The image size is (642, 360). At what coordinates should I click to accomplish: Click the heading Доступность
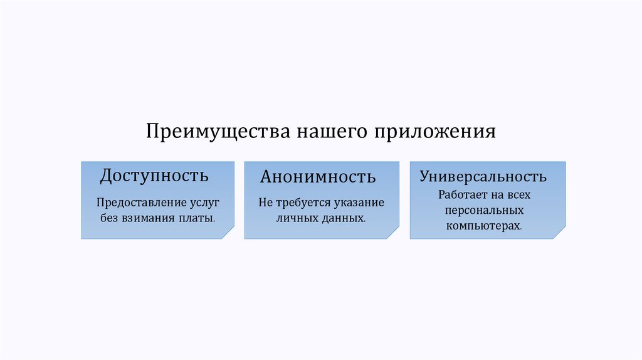154,175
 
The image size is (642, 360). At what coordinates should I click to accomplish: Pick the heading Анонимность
318,176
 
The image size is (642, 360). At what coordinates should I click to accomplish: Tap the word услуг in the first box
204,204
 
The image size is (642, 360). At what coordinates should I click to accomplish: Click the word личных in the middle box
296,219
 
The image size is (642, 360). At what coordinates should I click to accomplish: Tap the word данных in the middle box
341,219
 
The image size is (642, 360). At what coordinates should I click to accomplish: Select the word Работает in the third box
462,195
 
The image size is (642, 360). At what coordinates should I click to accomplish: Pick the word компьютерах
483,225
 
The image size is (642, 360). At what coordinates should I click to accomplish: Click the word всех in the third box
518,195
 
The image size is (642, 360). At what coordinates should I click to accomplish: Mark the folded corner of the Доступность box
228,233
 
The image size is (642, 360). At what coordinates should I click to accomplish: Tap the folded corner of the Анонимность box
392,233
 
